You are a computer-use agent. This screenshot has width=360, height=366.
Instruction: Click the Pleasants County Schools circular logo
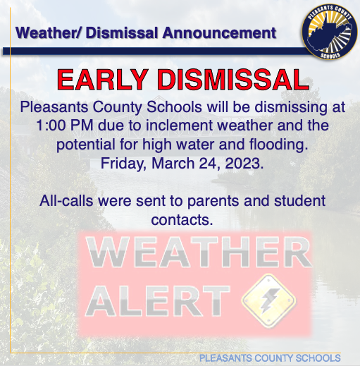point(329,32)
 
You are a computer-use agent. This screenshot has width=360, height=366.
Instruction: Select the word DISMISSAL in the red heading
point(233,80)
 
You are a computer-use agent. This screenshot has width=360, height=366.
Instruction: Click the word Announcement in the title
point(219,32)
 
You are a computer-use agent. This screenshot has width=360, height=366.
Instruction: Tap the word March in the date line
point(173,163)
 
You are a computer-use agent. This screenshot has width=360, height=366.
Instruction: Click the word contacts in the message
point(182,220)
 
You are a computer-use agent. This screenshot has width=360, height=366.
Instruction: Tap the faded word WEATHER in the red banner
point(199,252)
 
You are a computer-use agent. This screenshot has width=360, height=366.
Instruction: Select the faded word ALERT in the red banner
point(158,301)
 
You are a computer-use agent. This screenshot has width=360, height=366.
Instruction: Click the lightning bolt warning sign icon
point(269,300)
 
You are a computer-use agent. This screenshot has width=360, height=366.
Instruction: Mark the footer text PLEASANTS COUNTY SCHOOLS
point(270,358)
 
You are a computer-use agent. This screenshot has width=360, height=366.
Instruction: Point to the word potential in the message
point(86,145)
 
